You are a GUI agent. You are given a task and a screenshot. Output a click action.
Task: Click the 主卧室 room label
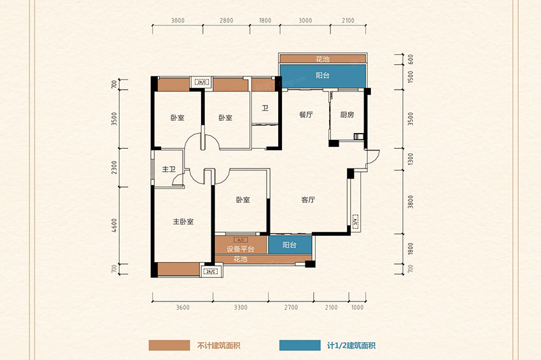[x=183, y=222]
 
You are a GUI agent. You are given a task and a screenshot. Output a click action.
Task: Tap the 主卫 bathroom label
[x=169, y=169]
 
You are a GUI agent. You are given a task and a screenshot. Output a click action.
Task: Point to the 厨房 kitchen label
[x=346, y=115]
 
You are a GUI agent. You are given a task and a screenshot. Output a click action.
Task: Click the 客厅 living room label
[x=308, y=200]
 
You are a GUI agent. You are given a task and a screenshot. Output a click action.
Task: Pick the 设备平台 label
[x=241, y=249]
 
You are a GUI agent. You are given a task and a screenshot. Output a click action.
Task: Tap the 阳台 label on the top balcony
[x=323, y=75]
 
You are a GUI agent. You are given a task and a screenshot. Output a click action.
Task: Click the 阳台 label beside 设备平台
[x=290, y=245]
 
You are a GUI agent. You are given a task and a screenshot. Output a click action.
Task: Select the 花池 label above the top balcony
[x=323, y=59]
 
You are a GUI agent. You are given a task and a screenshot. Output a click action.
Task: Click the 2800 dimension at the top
[x=227, y=20]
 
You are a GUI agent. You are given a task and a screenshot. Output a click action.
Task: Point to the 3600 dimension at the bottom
[x=183, y=308]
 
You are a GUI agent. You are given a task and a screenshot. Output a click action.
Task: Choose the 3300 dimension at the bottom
[x=240, y=308]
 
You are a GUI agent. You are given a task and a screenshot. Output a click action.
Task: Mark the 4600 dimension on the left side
[x=114, y=226]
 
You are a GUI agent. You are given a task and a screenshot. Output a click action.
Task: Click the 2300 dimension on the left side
[x=114, y=168]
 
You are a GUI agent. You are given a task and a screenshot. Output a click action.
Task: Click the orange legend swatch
[x=169, y=346]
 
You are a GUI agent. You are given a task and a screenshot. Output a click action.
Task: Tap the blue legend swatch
[x=300, y=346]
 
